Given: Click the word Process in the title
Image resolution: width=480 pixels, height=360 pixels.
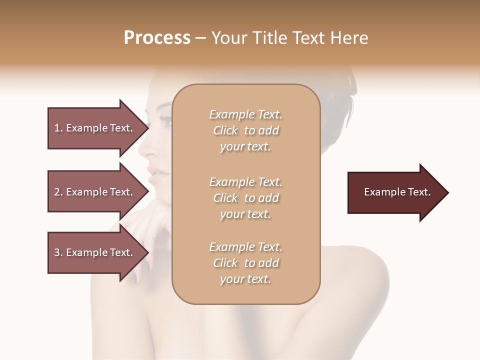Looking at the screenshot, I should click(157, 38).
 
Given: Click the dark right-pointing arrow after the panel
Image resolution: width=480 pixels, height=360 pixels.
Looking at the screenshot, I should click(397, 192).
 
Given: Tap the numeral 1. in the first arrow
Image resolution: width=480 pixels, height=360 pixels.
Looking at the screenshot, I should click(58, 128).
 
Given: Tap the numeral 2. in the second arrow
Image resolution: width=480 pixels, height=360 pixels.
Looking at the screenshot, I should click(58, 192).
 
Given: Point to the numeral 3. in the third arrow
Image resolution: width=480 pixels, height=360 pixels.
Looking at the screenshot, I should click(58, 252).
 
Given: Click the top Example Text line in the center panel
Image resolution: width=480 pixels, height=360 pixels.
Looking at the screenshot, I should click(245, 115).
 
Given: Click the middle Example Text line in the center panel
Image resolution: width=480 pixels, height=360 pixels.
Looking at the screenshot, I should click(245, 182).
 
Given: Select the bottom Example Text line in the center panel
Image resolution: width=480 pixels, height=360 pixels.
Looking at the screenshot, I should click(245, 247).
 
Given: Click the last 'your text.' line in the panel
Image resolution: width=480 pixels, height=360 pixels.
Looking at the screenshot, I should click(245, 279).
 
